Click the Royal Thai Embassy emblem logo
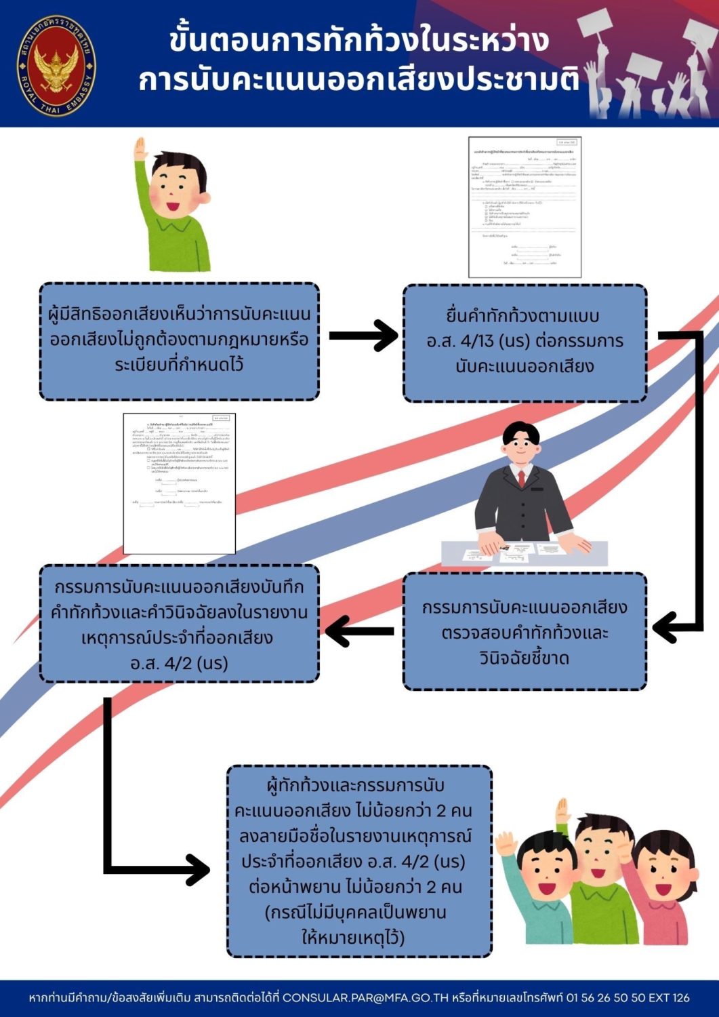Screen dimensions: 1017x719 56,66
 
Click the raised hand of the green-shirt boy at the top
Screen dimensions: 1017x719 141,150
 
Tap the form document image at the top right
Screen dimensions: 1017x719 525,207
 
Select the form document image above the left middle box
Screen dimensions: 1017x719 179,483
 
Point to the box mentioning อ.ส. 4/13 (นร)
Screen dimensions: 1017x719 525,342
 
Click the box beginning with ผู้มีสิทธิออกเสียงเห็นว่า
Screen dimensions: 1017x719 179,340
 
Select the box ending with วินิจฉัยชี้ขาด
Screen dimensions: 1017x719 525,632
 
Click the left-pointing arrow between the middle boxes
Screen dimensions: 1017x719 360,631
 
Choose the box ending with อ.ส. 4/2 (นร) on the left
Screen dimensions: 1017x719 179,624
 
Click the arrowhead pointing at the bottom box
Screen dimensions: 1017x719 198,870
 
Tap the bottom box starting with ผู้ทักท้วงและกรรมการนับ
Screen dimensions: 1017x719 359,861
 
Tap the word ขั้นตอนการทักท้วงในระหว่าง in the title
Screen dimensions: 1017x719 359,41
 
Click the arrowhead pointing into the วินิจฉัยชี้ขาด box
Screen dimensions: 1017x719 665,626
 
